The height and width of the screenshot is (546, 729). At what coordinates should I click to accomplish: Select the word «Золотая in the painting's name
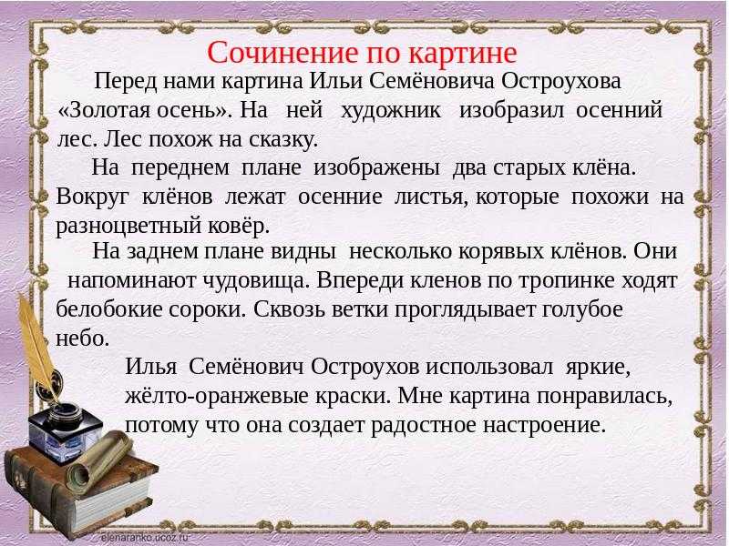point(104,110)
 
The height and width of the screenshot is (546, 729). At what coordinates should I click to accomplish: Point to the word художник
point(391,111)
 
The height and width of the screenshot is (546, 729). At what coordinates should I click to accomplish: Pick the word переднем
point(180,168)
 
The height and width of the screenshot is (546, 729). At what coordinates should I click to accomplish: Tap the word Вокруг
point(92,197)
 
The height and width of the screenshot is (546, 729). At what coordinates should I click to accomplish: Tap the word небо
point(82,339)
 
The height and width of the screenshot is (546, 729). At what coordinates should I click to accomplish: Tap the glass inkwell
point(64,433)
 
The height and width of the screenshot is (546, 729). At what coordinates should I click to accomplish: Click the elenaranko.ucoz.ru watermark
point(144,537)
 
